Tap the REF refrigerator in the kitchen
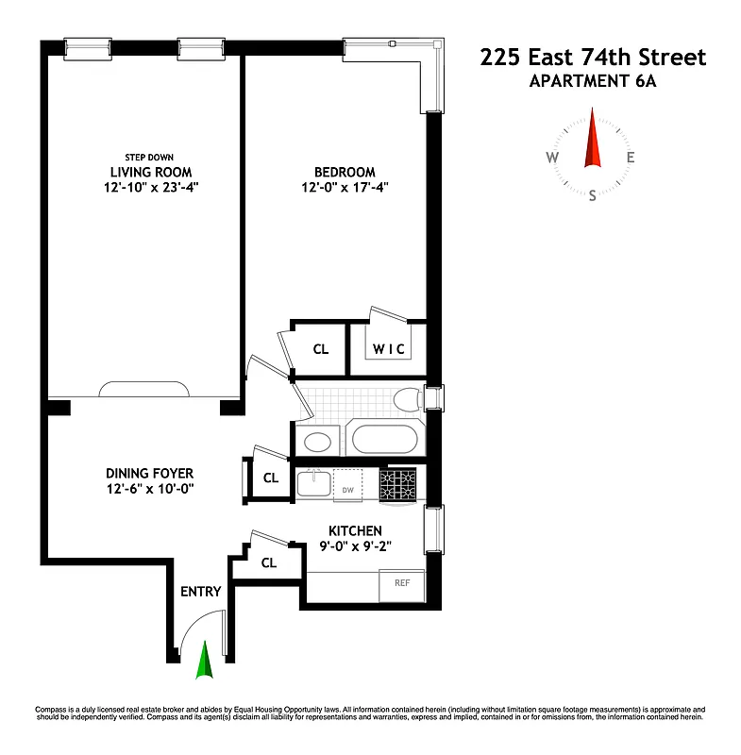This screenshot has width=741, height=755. (400, 585)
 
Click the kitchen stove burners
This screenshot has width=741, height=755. (399, 484)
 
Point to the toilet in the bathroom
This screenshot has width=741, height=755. (407, 399)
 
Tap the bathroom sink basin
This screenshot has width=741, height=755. (316, 441)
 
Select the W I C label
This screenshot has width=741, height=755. (388, 349)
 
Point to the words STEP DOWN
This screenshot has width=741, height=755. (149, 158)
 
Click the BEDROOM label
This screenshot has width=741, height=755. (345, 172)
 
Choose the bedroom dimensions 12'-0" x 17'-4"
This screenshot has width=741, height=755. (345, 187)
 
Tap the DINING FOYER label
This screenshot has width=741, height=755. (150, 473)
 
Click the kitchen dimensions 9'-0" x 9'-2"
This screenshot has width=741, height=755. (355, 545)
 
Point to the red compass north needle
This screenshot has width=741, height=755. (593, 139)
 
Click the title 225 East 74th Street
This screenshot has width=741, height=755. (593, 58)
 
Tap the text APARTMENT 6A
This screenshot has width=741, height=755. (593, 80)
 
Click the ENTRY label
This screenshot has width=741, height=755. (200, 592)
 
